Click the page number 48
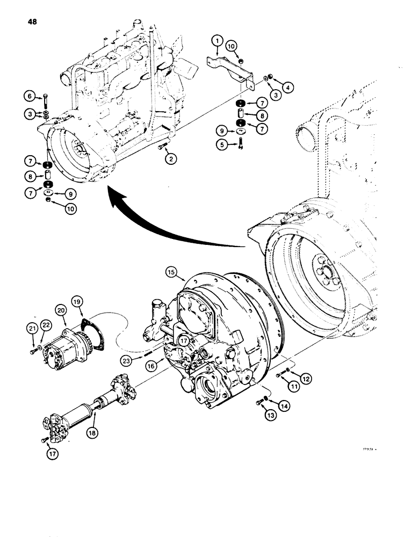[x=28, y=23]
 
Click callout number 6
[x=30, y=96]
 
